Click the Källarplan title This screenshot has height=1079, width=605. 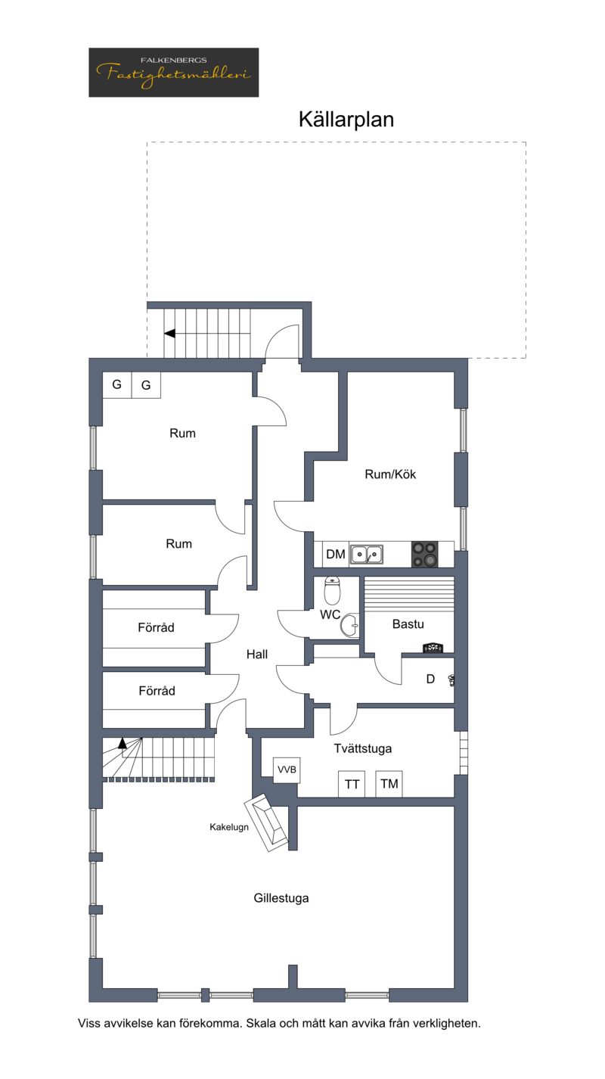click(x=346, y=120)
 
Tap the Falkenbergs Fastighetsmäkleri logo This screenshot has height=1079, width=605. click(x=174, y=72)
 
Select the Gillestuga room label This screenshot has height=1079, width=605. click(x=281, y=898)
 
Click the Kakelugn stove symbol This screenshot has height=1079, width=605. click(x=266, y=822)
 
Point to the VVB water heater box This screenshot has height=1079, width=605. click(x=287, y=770)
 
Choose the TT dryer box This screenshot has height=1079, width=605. click(x=352, y=784)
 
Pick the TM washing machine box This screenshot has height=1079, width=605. click(x=389, y=784)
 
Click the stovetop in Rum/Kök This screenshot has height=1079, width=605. click(x=425, y=555)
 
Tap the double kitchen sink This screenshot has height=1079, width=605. click(x=367, y=555)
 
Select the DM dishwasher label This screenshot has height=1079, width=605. click(x=336, y=555)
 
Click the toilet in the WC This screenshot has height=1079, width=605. click(x=332, y=590)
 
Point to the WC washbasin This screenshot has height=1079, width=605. click(x=350, y=626)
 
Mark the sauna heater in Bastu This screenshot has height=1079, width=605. click(x=433, y=648)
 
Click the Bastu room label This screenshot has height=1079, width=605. click(x=408, y=624)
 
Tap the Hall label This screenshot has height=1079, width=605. click(x=257, y=655)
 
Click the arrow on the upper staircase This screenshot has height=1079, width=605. click(x=169, y=334)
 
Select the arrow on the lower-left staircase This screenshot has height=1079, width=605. click(x=123, y=743)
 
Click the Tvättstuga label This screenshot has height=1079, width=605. click(x=363, y=748)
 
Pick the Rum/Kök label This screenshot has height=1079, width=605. click(x=390, y=474)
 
